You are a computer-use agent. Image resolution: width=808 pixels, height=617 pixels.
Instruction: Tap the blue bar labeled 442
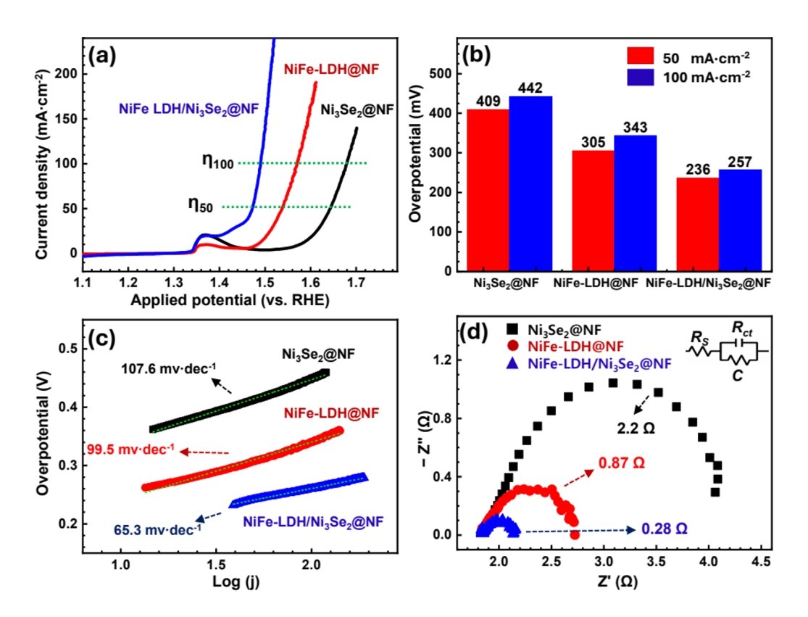(x=530, y=184)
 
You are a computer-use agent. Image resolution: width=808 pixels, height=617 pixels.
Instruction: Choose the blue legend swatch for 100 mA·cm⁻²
(x=641, y=75)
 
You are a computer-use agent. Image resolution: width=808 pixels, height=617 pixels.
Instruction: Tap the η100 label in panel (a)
(x=218, y=163)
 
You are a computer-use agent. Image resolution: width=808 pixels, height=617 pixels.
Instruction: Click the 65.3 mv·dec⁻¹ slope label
(x=157, y=530)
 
